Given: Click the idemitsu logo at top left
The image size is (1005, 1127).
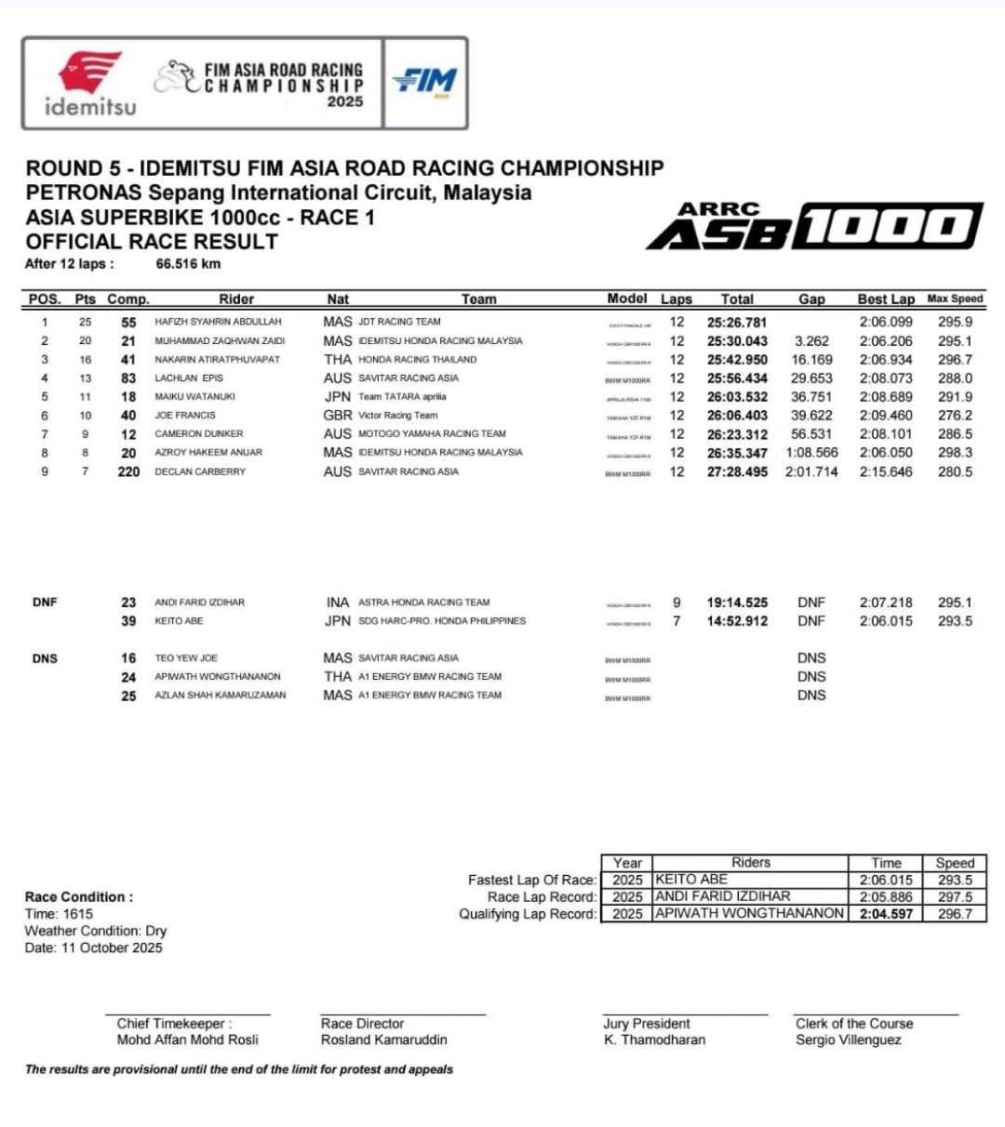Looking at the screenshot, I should [90, 84].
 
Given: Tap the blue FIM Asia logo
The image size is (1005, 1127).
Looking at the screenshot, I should [424, 83].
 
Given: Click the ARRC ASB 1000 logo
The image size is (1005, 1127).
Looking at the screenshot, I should [814, 226].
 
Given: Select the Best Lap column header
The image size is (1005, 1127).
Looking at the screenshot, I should [886, 299].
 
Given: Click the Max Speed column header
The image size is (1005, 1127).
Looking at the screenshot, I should [955, 299].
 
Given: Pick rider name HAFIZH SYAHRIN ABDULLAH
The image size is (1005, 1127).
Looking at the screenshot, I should [218, 322].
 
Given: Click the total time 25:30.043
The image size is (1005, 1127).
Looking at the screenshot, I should [737, 341].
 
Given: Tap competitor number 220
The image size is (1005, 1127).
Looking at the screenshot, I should [128, 471].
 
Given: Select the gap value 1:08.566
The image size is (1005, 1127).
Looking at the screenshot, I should [811, 453].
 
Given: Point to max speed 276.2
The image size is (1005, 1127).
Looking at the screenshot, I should [955, 416].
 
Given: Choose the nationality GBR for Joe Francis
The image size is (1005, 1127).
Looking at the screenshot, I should [338, 416].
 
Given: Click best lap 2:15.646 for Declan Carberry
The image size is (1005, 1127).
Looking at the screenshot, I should [886, 471].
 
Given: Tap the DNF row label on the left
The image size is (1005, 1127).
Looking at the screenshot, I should [45, 603].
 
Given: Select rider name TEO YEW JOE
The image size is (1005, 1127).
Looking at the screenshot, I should [186, 658].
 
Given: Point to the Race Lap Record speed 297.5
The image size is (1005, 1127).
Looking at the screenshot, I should [955, 897].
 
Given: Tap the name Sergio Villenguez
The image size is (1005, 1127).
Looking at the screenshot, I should [848, 1040].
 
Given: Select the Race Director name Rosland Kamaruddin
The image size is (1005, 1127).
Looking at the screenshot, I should [383, 1040].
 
